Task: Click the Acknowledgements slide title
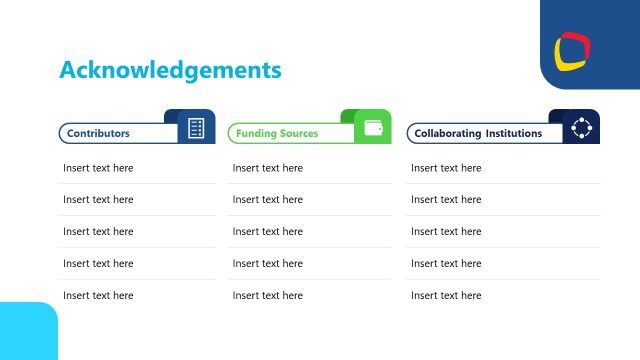click(170, 70)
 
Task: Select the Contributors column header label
click(98, 133)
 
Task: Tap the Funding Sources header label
click(277, 133)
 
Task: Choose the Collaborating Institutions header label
click(478, 133)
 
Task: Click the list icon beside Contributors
click(196, 128)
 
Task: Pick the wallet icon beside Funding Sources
click(374, 128)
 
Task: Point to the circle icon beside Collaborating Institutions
click(581, 128)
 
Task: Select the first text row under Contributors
click(98, 168)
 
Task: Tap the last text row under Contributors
click(98, 296)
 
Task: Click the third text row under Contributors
click(98, 232)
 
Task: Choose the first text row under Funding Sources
click(268, 168)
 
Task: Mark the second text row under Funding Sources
click(268, 200)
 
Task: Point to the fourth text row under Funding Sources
click(268, 264)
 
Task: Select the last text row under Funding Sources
click(268, 296)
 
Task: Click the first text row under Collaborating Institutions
click(446, 168)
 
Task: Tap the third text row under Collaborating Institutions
click(446, 232)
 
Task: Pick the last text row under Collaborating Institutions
click(446, 296)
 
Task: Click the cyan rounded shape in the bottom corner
click(27, 332)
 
